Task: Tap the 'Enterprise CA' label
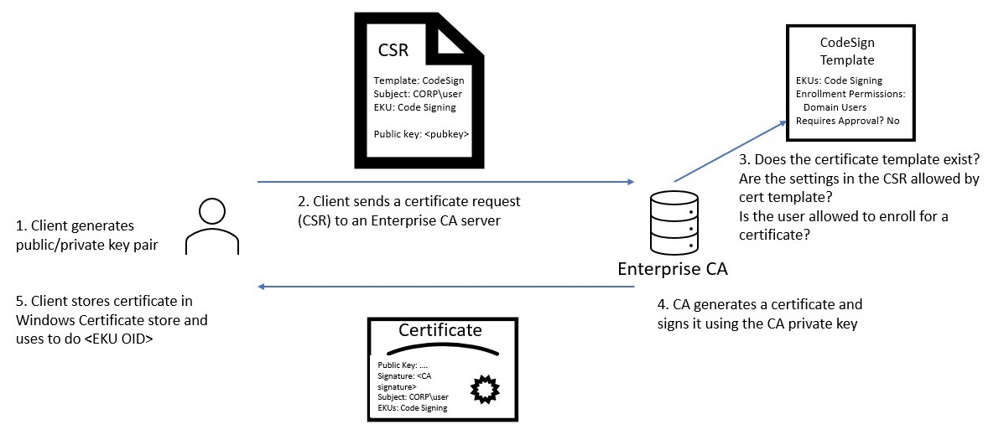(x=673, y=269)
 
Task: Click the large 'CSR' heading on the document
(x=393, y=50)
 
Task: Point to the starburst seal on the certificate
(x=486, y=388)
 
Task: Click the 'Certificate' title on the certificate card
(x=440, y=329)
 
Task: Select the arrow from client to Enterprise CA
(x=445, y=181)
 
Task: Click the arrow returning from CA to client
(x=445, y=287)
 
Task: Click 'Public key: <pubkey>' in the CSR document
(x=421, y=133)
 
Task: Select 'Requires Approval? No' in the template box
(x=847, y=121)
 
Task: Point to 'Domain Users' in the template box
(x=835, y=107)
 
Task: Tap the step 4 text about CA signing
(x=760, y=313)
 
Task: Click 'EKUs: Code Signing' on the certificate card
(x=412, y=407)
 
